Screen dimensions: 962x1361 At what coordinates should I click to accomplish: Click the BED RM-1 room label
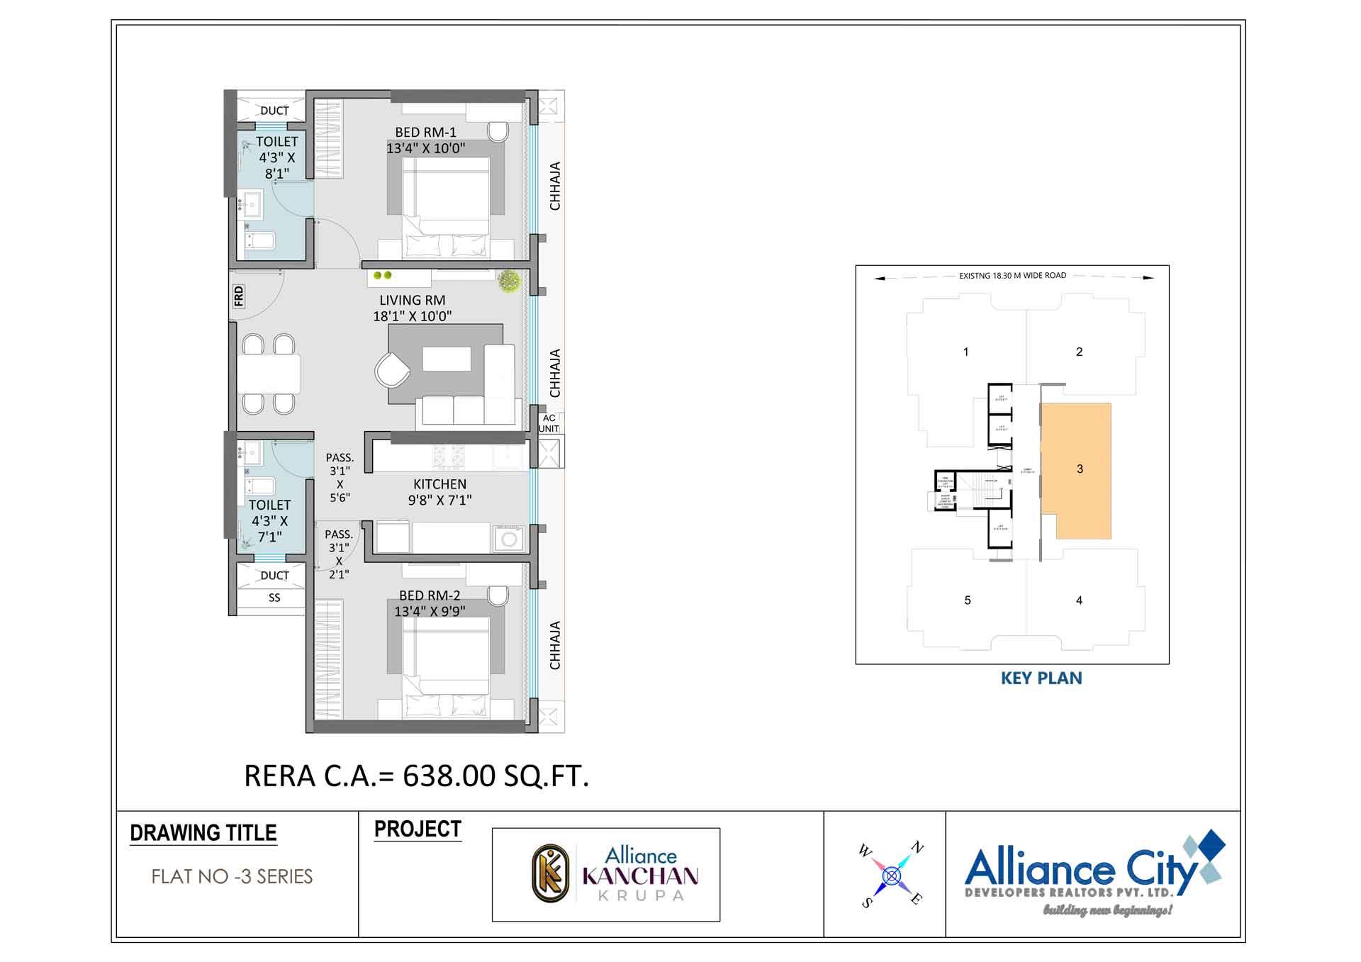pyautogui.click(x=425, y=133)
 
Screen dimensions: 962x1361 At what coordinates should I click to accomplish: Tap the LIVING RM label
pyautogui.click(x=412, y=301)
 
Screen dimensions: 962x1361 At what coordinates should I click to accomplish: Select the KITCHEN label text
pyautogui.click(x=439, y=484)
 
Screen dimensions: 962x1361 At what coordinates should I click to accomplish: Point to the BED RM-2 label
pyautogui.click(x=429, y=596)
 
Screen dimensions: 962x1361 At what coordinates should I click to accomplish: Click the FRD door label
pyautogui.click(x=239, y=296)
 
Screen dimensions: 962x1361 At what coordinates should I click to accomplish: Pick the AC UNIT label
pyautogui.click(x=549, y=423)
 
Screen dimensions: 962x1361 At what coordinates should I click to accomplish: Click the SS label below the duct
pyautogui.click(x=274, y=598)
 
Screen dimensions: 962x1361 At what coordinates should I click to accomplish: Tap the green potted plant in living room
pyautogui.click(x=508, y=281)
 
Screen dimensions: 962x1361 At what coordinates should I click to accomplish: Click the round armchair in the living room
pyautogui.click(x=392, y=369)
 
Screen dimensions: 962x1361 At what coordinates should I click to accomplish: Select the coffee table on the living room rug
pyautogui.click(x=447, y=359)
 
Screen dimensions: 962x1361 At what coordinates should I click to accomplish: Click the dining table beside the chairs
pyautogui.click(x=268, y=374)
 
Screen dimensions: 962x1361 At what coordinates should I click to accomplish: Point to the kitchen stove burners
pyautogui.click(x=449, y=457)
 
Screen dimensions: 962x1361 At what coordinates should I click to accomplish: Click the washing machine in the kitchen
pyautogui.click(x=508, y=539)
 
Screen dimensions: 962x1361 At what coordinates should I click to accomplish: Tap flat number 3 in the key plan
pyautogui.click(x=1080, y=469)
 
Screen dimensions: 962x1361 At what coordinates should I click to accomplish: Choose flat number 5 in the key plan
pyautogui.click(x=968, y=600)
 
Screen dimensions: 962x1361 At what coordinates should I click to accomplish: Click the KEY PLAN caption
pyautogui.click(x=1041, y=678)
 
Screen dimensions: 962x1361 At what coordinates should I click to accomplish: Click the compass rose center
pyautogui.click(x=891, y=876)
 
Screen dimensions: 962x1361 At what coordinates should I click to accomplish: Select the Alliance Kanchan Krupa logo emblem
pyautogui.click(x=551, y=873)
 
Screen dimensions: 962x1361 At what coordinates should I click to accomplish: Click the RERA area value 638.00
pyautogui.click(x=449, y=776)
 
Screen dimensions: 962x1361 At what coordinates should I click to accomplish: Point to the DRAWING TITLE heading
pyautogui.click(x=203, y=833)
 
